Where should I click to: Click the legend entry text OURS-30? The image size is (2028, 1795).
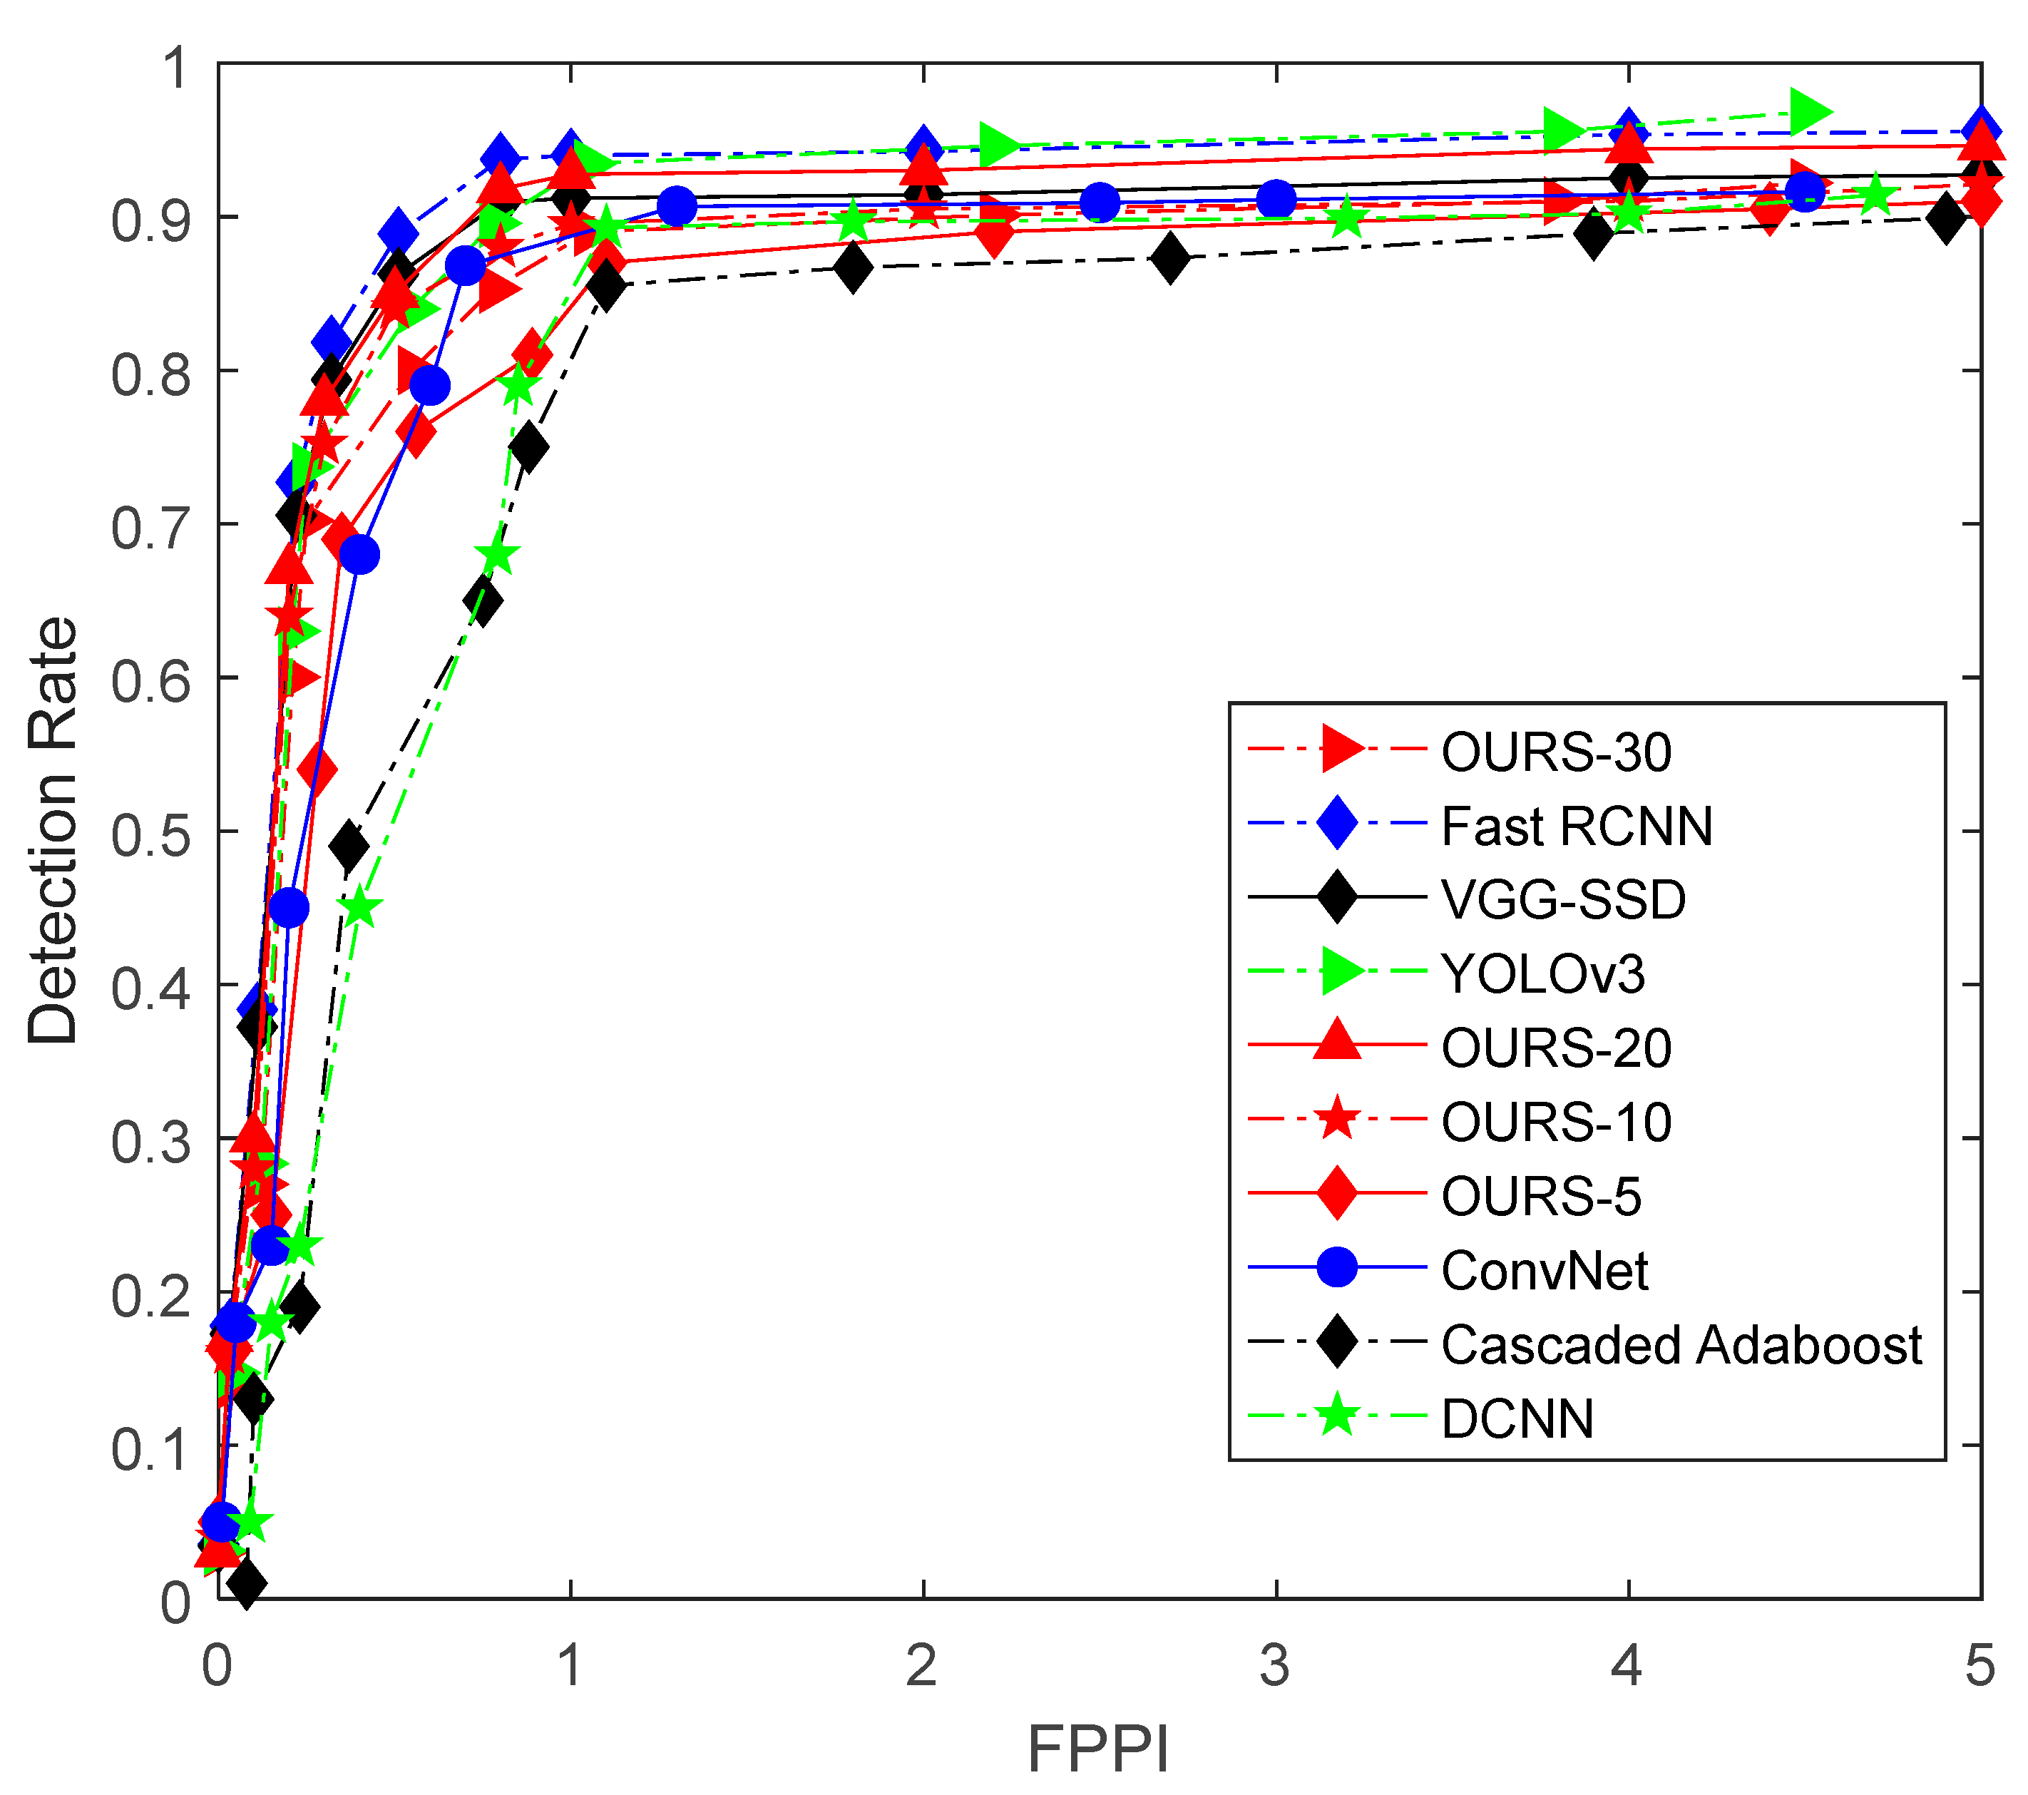pos(1556,752)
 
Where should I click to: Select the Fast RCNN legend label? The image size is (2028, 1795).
pos(1577,826)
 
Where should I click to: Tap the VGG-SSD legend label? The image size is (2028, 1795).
pos(1562,899)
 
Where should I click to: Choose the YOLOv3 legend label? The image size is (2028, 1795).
pos(1543,973)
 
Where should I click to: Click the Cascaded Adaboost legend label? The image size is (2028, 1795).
pos(1681,1344)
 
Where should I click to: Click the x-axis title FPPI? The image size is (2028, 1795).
pos(1097,1749)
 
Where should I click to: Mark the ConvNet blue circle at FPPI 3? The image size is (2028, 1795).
pos(1276,200)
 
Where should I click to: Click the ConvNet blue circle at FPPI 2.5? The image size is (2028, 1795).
pos(1100,203)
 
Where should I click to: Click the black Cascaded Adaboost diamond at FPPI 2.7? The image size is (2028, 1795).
pos(1171,259)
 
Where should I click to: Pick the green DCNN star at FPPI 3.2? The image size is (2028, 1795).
pos(1346,218)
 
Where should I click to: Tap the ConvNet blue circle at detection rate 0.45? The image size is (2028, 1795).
pos(289,907)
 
